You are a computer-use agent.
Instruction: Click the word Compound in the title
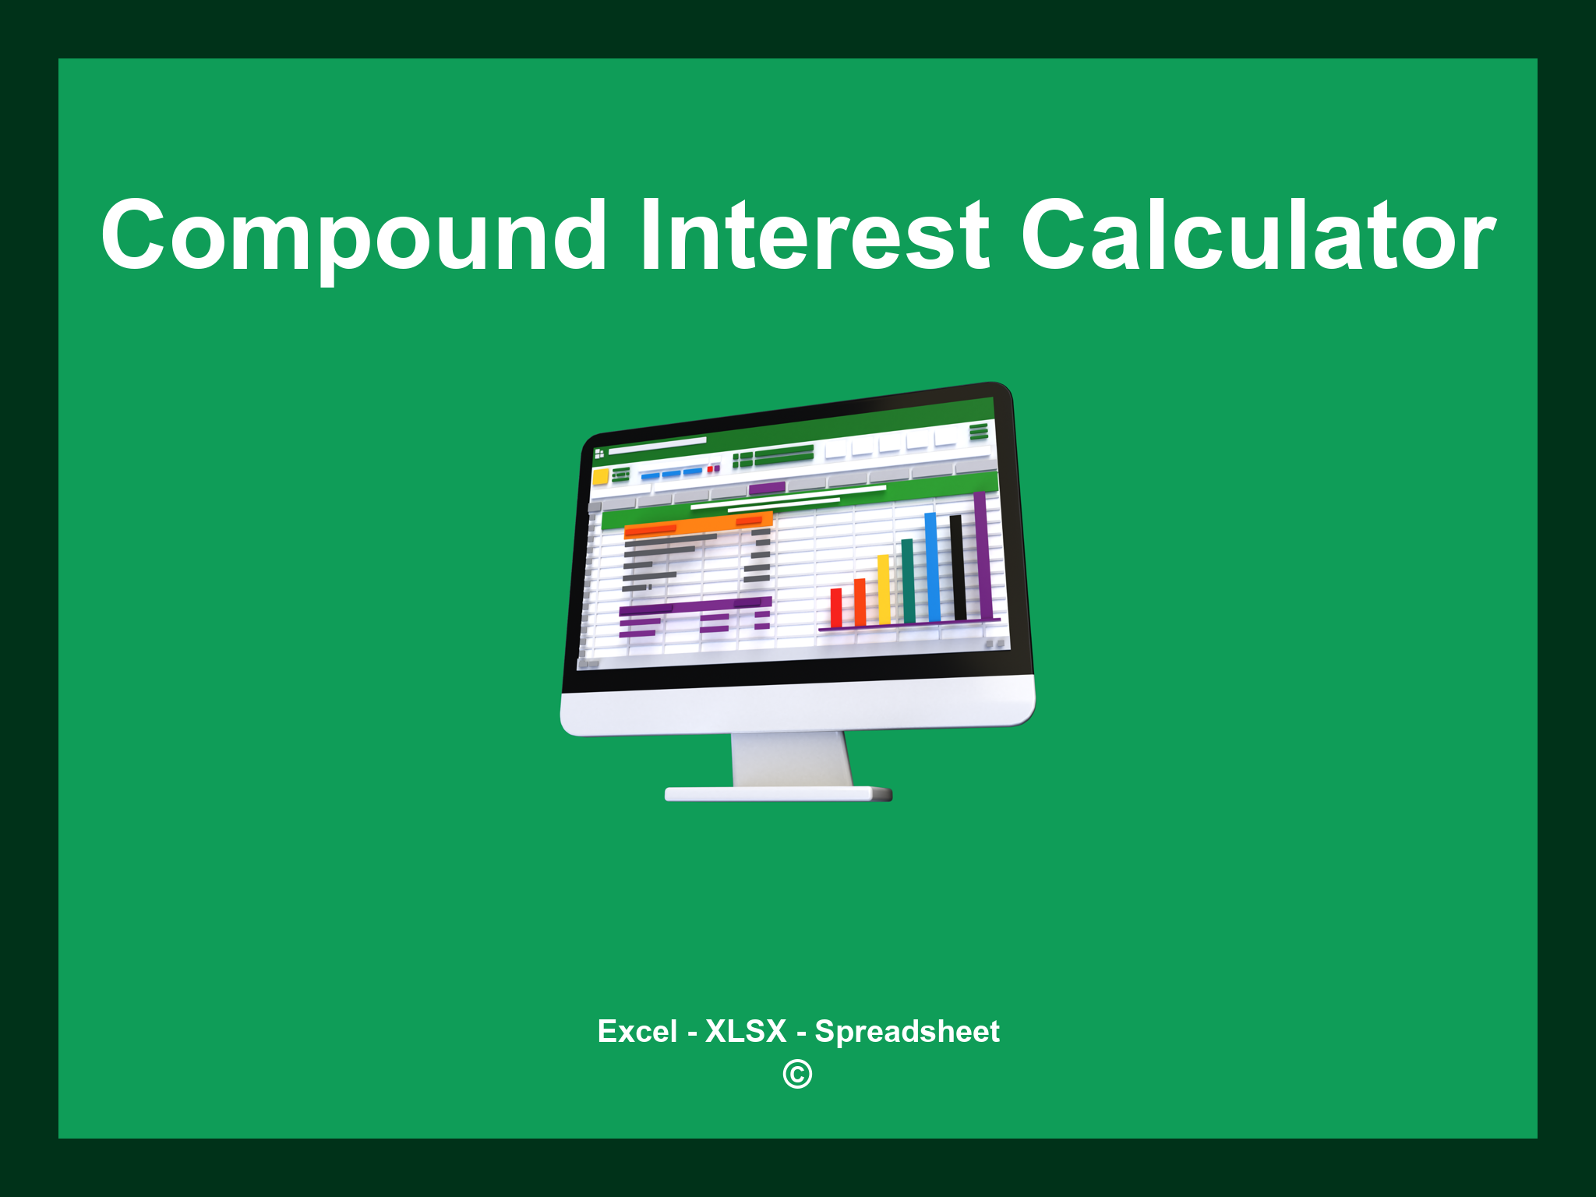(355, 236)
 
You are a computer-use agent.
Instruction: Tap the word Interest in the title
(815, 236)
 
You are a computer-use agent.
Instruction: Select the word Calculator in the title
(1258, 236)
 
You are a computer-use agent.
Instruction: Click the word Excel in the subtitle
(637, 1031)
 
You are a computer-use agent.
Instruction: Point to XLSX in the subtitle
(746, 1031)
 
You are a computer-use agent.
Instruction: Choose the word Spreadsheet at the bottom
(906, 1031)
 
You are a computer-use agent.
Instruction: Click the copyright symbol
(797, 1075)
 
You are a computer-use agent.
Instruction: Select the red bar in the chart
(836, 608)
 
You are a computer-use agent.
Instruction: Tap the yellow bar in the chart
(884, 590)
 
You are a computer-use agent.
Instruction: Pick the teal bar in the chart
(908, 581)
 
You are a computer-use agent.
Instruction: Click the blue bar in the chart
(931, 567)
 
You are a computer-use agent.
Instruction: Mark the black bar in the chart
(957, 567)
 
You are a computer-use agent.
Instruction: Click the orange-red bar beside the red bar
(860, 602)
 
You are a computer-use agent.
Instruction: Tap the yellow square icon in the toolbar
(600, 476)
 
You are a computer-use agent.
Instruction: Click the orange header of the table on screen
(697, 524)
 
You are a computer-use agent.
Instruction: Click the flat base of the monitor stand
(778, 794)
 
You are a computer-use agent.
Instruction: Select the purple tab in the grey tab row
(767, 489)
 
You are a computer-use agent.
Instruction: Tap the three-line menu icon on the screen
(978, 432)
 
